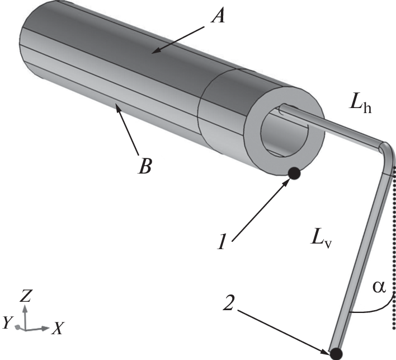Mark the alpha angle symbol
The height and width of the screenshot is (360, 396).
(x=379, y=287)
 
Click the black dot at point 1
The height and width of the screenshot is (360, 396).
(x=294, y=174)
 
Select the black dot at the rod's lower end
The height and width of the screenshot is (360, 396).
(x=336, y=353)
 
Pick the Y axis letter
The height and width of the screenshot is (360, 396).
(x=7, y=322)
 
